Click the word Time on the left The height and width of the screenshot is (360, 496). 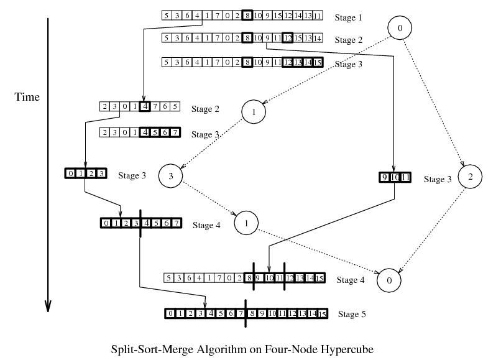[27, 97]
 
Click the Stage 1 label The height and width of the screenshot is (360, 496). [347, 17]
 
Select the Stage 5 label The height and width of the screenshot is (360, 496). [352, 315]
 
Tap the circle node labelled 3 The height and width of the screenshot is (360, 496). [170, 177]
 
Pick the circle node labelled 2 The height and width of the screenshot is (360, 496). [471, 177]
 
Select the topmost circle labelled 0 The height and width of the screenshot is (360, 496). [400, 28]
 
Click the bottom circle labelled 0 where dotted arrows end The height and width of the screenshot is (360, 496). [389, 280]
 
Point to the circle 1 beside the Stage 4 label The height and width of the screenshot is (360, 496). [247, 223]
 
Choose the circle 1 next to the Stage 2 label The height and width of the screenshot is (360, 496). [255, 111]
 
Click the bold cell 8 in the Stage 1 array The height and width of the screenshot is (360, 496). [247, 16]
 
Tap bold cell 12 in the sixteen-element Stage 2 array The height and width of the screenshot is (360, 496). [287, 39]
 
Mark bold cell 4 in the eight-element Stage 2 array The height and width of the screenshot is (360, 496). [145, 106]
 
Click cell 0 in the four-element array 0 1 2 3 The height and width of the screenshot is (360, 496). [70, 173]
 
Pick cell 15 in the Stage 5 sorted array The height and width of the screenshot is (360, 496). [322, 314]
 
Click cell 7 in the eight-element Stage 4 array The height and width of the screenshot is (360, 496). [176, 223]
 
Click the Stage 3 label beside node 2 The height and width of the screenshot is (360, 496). [438, 179]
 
